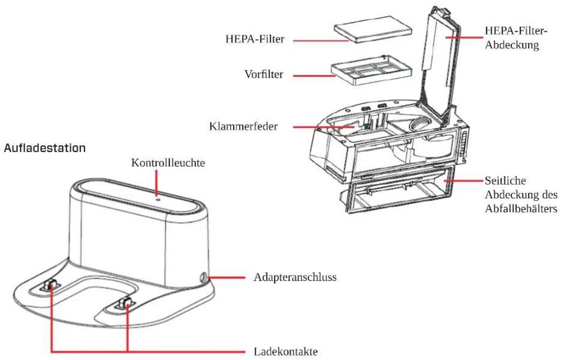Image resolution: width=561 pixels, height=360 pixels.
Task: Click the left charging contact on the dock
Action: click(x=50, y=286)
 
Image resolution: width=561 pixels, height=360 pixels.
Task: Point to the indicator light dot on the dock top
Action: click(x=157, y=197)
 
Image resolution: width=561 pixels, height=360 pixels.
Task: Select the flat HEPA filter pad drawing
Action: click(x=373, y=29)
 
